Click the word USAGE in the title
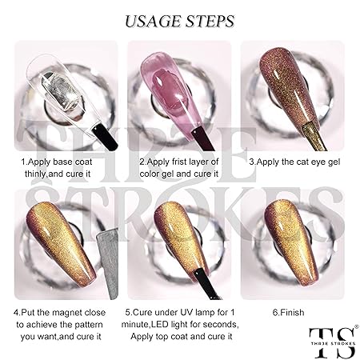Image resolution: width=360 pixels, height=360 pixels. pyautogui.click(x=154, y=22)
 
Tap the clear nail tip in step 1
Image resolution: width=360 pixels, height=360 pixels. pyautogui.click(x=62, y=90)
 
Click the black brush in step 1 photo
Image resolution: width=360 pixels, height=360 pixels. pyautogui.click(x=105, y=138)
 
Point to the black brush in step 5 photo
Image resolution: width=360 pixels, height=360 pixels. pyautogui.click(x=206, y=283)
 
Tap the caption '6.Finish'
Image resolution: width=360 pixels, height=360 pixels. pyautogui.click(x=288, y=312)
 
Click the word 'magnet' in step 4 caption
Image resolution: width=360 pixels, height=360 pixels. pyautogui.click(x=67, y=313)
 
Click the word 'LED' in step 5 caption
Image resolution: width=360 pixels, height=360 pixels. pyautogui.click(x=161, y=325)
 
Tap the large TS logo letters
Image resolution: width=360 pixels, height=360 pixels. pyautogui.click(x=333, y=342)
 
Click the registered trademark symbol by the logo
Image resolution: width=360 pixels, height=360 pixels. pyautogui.click(x=357, y=326)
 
